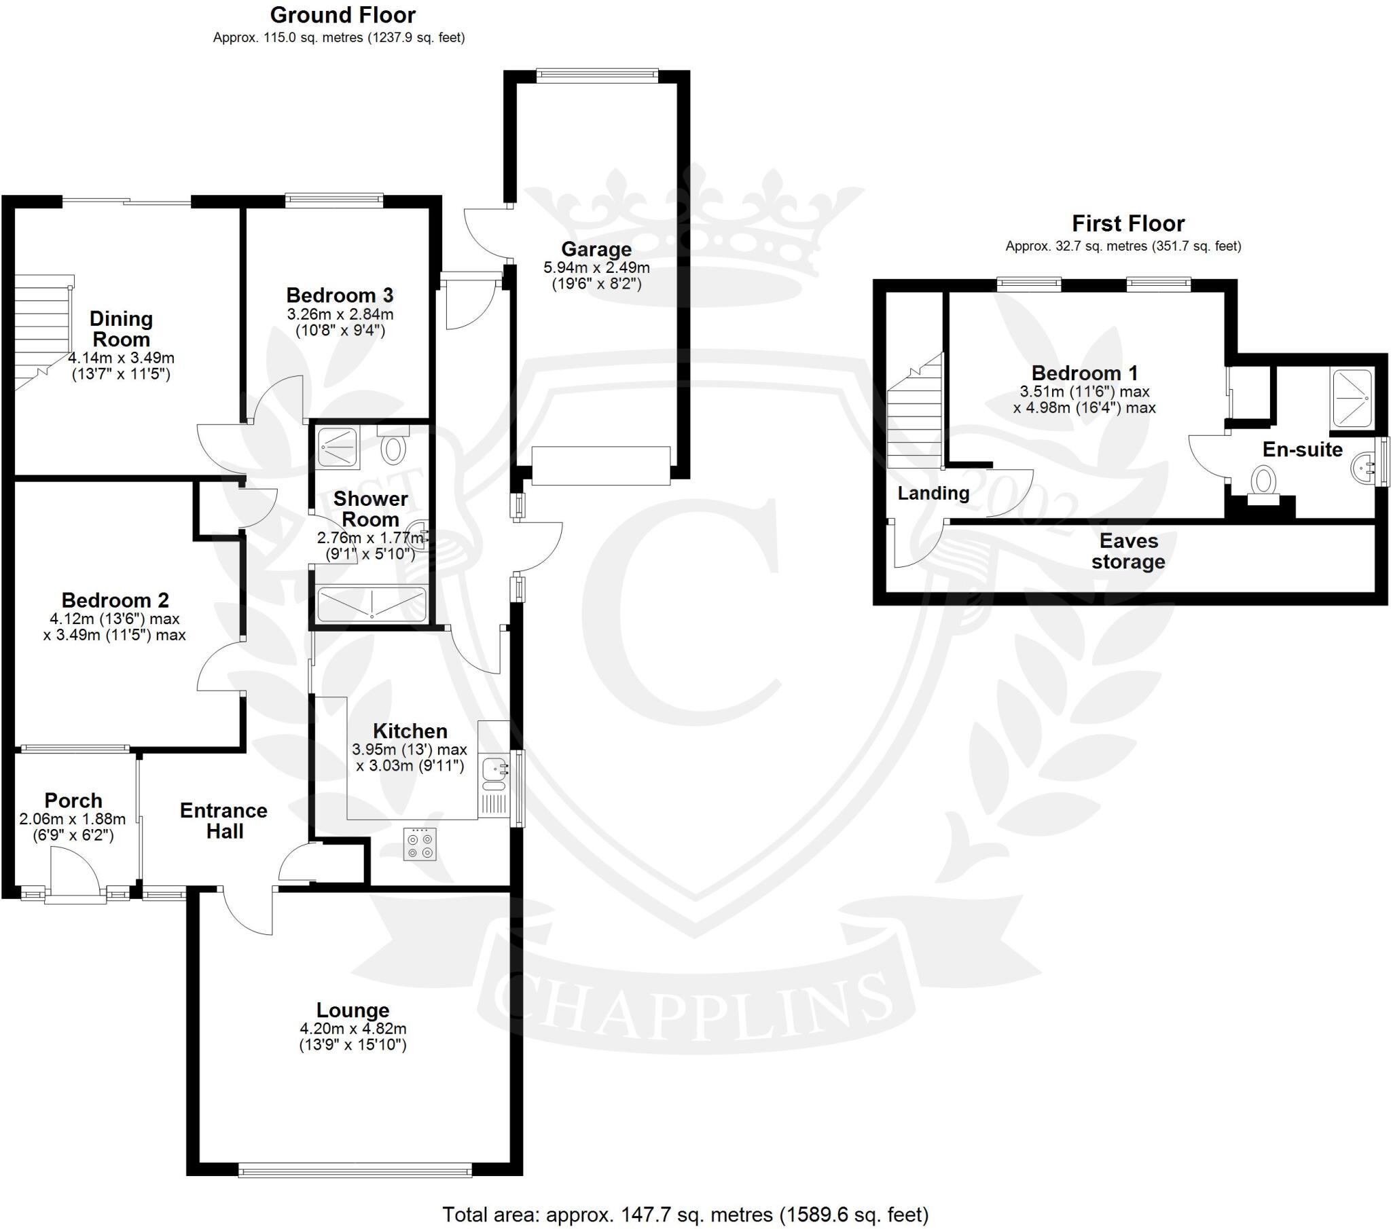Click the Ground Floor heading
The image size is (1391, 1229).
point(342,15)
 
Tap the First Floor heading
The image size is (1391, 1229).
point(1127,223)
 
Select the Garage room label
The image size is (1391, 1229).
point(596,249)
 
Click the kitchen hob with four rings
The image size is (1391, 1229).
point(419,845)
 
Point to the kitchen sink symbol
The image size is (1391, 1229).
point(494,770)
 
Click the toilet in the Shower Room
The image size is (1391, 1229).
point(393,448)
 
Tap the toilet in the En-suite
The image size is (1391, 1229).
point(1263,481)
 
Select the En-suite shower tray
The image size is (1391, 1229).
point(1352,397)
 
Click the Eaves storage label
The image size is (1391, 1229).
point(1127,551)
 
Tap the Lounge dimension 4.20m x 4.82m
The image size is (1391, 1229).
point(353,1029)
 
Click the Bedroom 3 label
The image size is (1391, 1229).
point(340,295)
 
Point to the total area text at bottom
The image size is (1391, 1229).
point(685,1214)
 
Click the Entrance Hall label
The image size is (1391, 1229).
point(224,821)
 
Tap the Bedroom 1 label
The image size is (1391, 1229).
point(1084,373)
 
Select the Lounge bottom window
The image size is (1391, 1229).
point(355,1171)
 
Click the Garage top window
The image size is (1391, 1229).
point(597,75)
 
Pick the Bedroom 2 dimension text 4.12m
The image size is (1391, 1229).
point(113,619)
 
